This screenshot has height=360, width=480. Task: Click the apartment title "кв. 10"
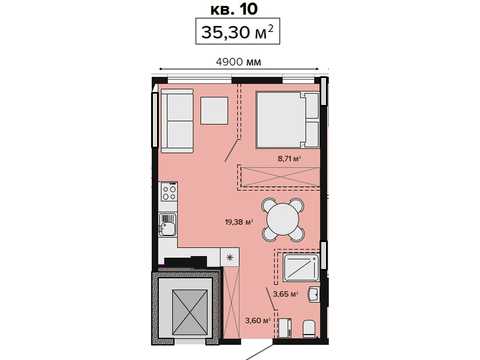[234, 9]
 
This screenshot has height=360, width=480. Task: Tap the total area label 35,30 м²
[237, 32]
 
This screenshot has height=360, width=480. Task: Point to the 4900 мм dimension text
[239, 62]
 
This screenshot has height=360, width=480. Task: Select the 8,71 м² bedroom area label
[289, 159]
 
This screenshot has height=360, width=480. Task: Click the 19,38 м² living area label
[239, 222]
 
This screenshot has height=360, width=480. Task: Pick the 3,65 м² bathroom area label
[285, 294]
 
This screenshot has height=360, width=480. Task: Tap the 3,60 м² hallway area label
[257, 321]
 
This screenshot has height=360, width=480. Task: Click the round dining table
[283, 220]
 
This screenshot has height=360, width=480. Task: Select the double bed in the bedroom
[288, 120]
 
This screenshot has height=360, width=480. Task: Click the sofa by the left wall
[177, 121]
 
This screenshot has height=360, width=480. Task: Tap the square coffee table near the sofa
[214, 110]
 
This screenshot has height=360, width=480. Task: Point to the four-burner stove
[168, 192]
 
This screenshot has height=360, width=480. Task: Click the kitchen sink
[168, 224]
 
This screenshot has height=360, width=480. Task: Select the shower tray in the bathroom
[301, 267]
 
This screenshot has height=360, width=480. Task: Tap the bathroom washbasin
[314, 294]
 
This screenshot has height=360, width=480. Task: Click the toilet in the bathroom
[310, 329]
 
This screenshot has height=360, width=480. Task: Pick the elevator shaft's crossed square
[190, 312]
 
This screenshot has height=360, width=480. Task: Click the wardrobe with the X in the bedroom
[279, 177]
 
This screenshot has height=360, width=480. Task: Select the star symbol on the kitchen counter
[230, 257]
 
